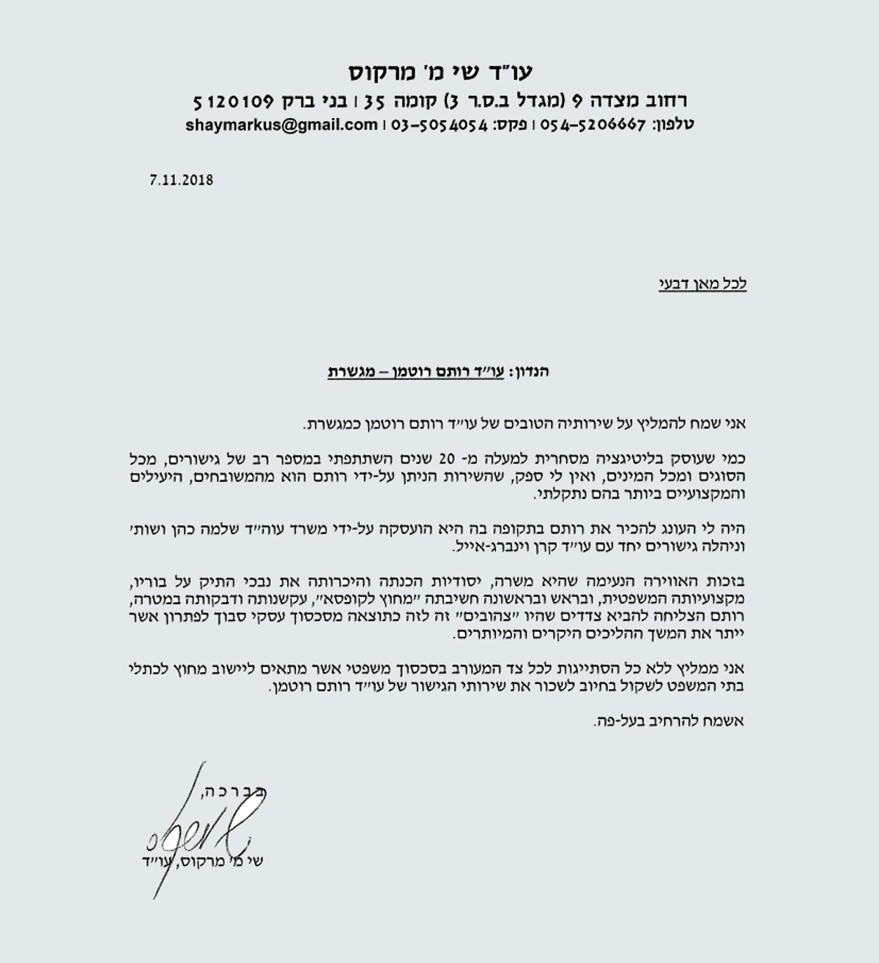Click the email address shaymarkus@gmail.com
[x=282, y=124]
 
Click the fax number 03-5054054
[x=440, y=124]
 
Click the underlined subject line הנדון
[x=438, y=371]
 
